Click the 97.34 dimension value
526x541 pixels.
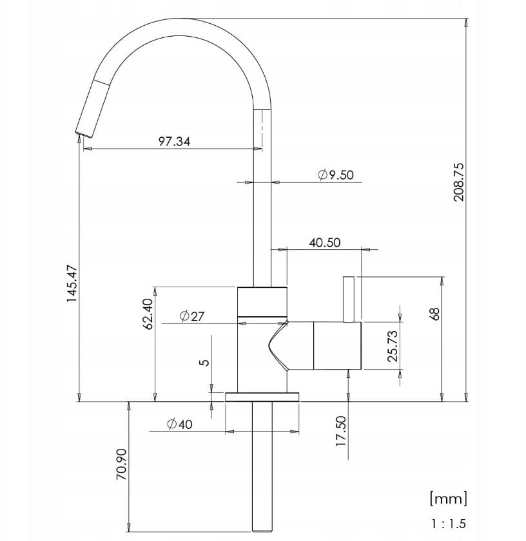[x=174, y=142]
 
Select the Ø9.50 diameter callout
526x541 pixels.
[x=336, y=175]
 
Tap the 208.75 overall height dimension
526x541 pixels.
[x=459, y=182]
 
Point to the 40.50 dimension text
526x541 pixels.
[x=325, y=243]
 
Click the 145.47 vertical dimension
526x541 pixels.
[x=72, y=284]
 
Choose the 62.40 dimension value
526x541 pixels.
[x=148, y=314]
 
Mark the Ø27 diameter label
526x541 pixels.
[x=192, y=316]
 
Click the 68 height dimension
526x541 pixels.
[x=436, y=314]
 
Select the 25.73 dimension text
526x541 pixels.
[x=393, y=346]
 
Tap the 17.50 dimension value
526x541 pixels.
[x=341, y=431]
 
